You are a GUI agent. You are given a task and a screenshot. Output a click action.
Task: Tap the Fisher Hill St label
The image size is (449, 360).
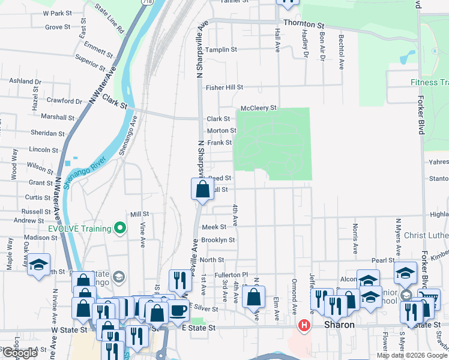pyautogui.click(x=224, y=88)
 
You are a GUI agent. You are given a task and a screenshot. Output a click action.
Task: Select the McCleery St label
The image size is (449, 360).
pyautogui.click(x=258, y=108)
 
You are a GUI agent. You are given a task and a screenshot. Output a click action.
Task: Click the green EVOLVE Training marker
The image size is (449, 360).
pyautogui.click(x=120, y=228)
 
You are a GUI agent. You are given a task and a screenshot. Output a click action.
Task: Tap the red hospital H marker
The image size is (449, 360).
pyautogui.click(x=304, y=326)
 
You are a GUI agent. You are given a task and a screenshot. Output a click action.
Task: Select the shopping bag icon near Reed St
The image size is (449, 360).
pyautogui.click(x=203, y=189)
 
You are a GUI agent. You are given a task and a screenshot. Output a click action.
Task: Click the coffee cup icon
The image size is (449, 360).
pyautogui.click(x=178, y=310)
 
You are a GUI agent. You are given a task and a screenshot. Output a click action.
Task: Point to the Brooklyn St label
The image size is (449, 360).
pyautogui.click(x=217, y=240)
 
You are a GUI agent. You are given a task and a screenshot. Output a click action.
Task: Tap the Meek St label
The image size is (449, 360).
pyautogui.click(x=214, y=227)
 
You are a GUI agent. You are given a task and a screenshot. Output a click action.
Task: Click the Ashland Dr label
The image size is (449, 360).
pyautogui.click(x=25, y=81)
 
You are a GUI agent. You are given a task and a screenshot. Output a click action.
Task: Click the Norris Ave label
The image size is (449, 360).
pyautogui.click(x=355, y=238)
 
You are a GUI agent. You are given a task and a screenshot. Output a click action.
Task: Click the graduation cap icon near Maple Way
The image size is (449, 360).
pyautogui.click(x=38, y=265)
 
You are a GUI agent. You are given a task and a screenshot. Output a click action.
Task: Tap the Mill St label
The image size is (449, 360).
pyautogui.click(x=139, y=214)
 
